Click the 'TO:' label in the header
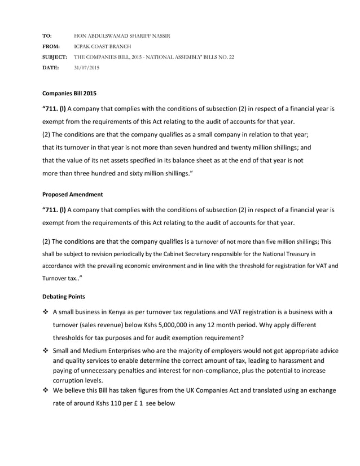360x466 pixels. point(47,36)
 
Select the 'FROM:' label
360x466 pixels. point(51,47)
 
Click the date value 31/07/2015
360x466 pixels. point(87,68)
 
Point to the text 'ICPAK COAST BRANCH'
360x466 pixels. point(103,47)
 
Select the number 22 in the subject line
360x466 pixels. point(231,57)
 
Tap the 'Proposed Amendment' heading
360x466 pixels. point(73,195)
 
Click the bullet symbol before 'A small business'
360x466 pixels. point(46,313)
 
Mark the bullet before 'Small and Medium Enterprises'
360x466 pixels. point(46,351)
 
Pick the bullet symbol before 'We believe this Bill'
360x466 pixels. point(46,391)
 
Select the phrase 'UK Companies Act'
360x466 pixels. point(212,391)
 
